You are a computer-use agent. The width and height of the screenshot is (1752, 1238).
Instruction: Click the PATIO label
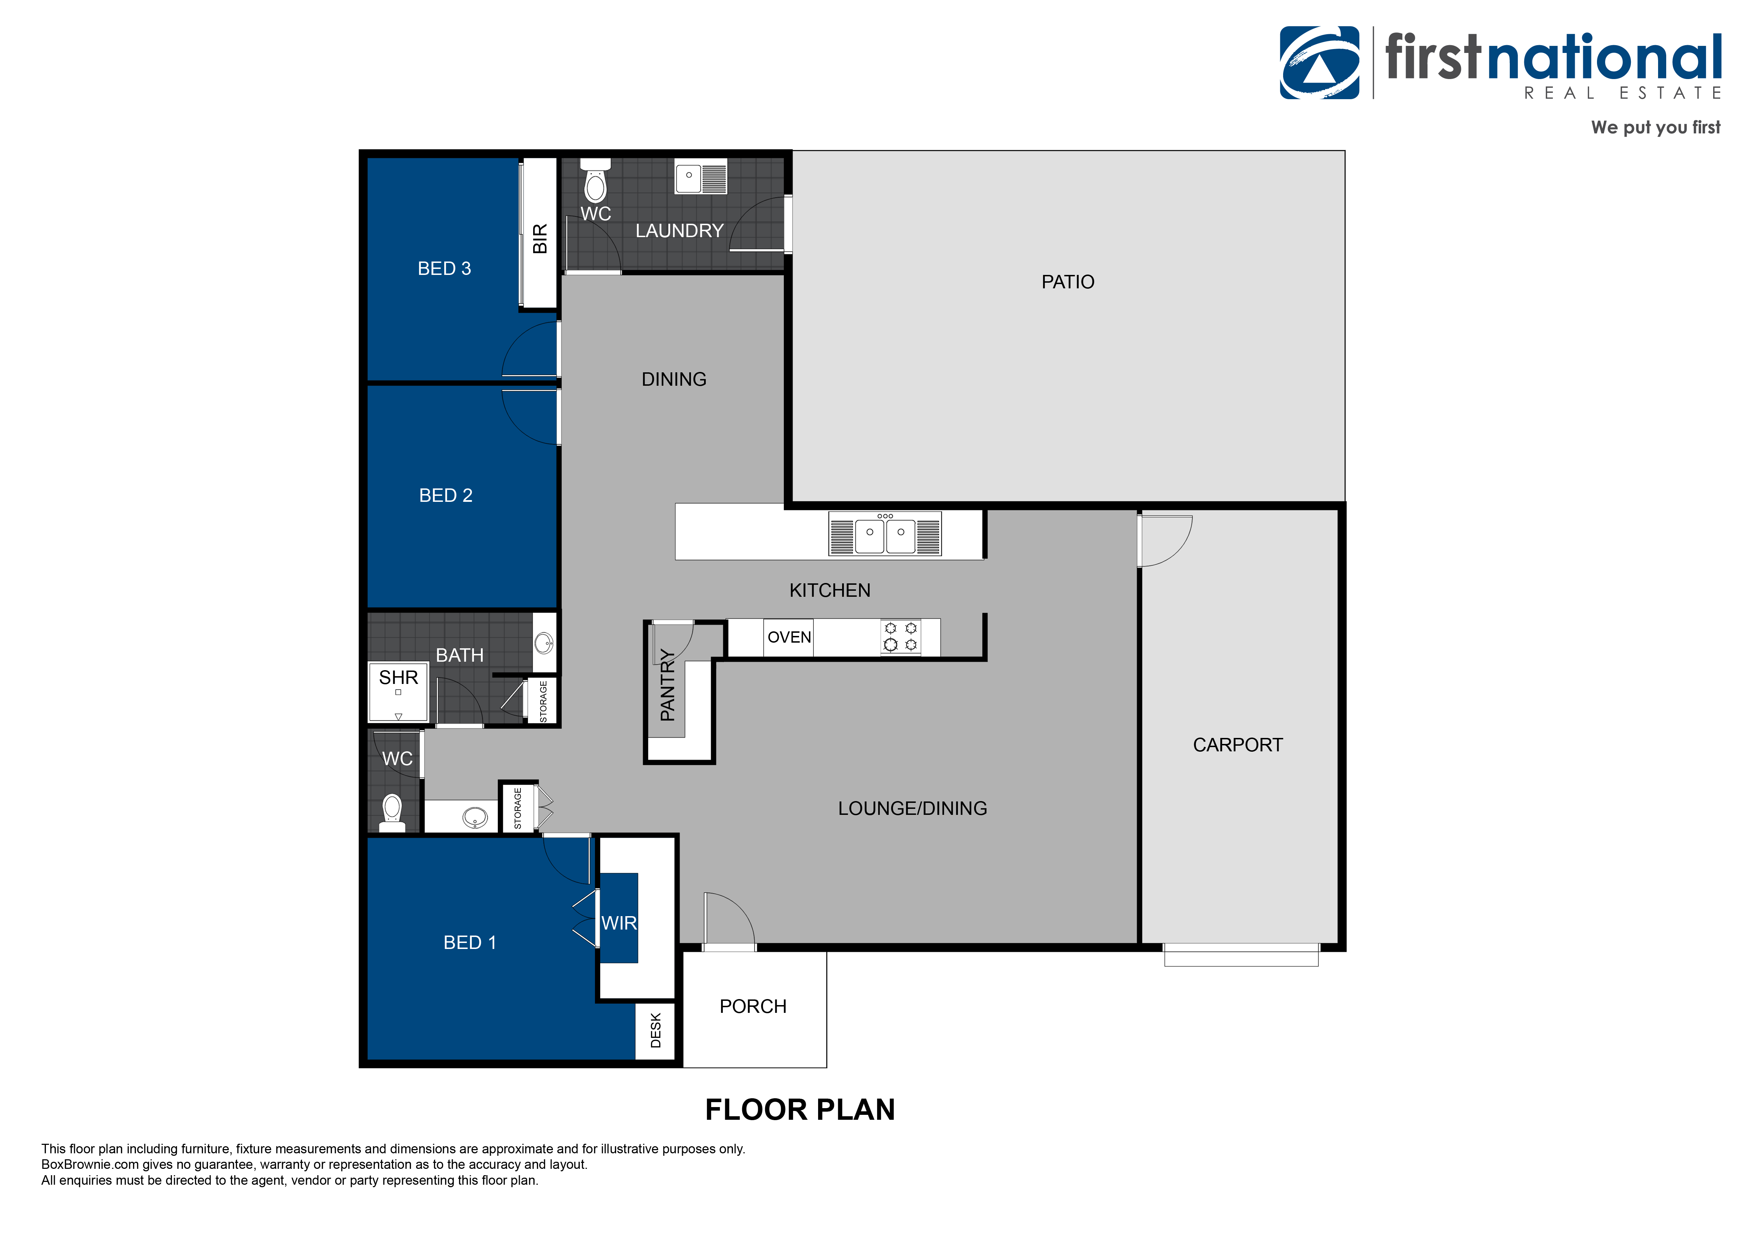pos(1067,282)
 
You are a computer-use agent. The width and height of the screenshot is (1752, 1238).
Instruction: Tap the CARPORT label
pos(1238,745)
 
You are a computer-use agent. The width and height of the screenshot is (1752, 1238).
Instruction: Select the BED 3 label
pos(444,269)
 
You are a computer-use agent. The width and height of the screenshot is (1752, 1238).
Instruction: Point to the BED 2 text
pos(446,495)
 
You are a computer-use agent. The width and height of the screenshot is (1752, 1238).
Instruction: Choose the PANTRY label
pos(668,685)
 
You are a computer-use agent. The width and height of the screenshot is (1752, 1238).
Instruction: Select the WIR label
pos(619,923)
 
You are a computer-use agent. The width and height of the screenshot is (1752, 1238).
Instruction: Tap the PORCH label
pos(753,1007)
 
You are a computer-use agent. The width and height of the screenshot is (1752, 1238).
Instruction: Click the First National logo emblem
pos(1319,62)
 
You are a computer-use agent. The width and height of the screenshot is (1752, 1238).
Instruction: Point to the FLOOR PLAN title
pos(800,1110)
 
